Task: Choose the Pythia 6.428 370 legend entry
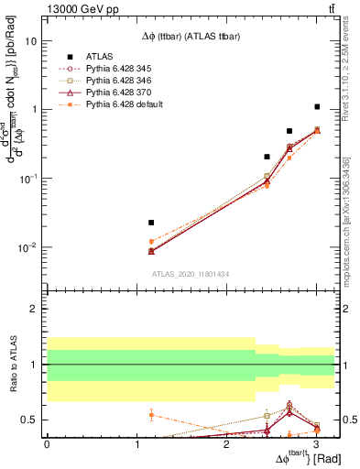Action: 124,93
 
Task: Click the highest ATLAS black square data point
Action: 317,107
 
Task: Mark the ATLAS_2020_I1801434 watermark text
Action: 191,274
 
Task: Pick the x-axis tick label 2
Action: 226,444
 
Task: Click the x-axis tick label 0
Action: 47,444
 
